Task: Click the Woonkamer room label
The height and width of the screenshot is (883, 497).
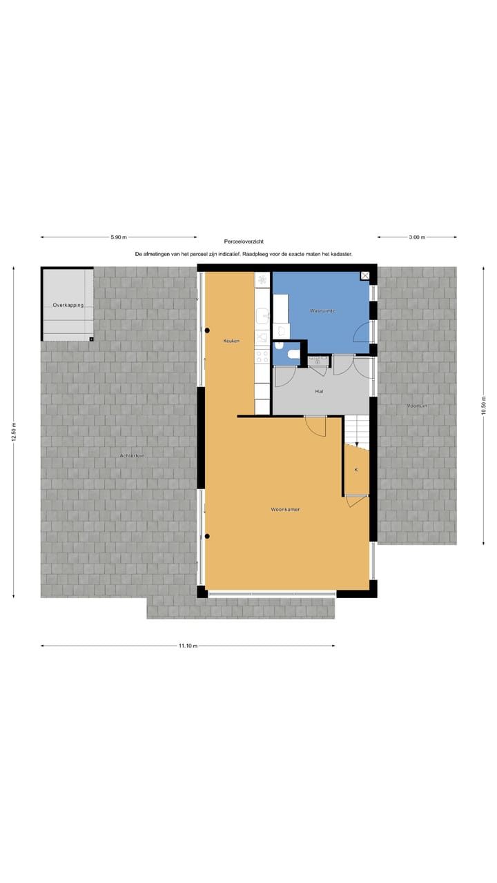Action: click(x=285, y=510)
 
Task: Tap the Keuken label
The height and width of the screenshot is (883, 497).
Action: click(x=231, y=341)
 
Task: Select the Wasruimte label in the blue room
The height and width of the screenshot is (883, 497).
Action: click(x=322, y=311)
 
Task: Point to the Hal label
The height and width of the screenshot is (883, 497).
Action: click(x=319, y=391)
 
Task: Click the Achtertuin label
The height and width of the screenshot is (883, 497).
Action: click(x=132, y=456)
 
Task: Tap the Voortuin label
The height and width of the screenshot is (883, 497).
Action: click(x=417, y=406)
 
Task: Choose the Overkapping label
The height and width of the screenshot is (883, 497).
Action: click(x=68, y=305)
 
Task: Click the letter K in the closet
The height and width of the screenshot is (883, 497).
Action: click(x=356, y=470)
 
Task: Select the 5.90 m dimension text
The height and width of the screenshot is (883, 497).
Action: click(x=119, y=237)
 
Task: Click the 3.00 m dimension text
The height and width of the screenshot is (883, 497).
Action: click(x=417, y=237)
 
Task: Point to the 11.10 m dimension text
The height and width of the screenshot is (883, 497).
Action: click(x=188, y=646)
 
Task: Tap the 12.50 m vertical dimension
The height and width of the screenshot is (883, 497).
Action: click(x=14, y=433)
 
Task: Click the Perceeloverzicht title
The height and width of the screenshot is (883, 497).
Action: click(x=244, y=242)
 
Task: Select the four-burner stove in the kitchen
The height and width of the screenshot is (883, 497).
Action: click(x=262, y=356)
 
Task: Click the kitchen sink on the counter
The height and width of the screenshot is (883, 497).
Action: click(x=262, y=317)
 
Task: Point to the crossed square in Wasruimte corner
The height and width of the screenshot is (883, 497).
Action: click(x=365, y=276)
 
